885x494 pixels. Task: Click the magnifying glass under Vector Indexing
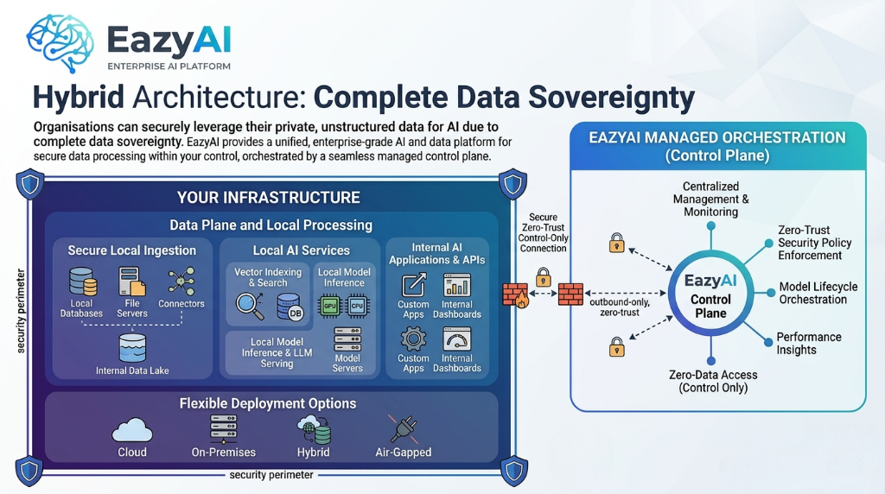[249, 305]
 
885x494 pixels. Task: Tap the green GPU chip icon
[329, 305]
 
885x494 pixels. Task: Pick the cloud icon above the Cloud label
[132, 429]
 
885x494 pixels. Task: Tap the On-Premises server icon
[223, 428]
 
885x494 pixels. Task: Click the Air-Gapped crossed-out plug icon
[403, 429]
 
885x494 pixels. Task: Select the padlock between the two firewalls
[543, 277]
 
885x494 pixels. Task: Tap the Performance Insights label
[808, 343]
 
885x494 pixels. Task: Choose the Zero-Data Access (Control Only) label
[713, 381]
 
